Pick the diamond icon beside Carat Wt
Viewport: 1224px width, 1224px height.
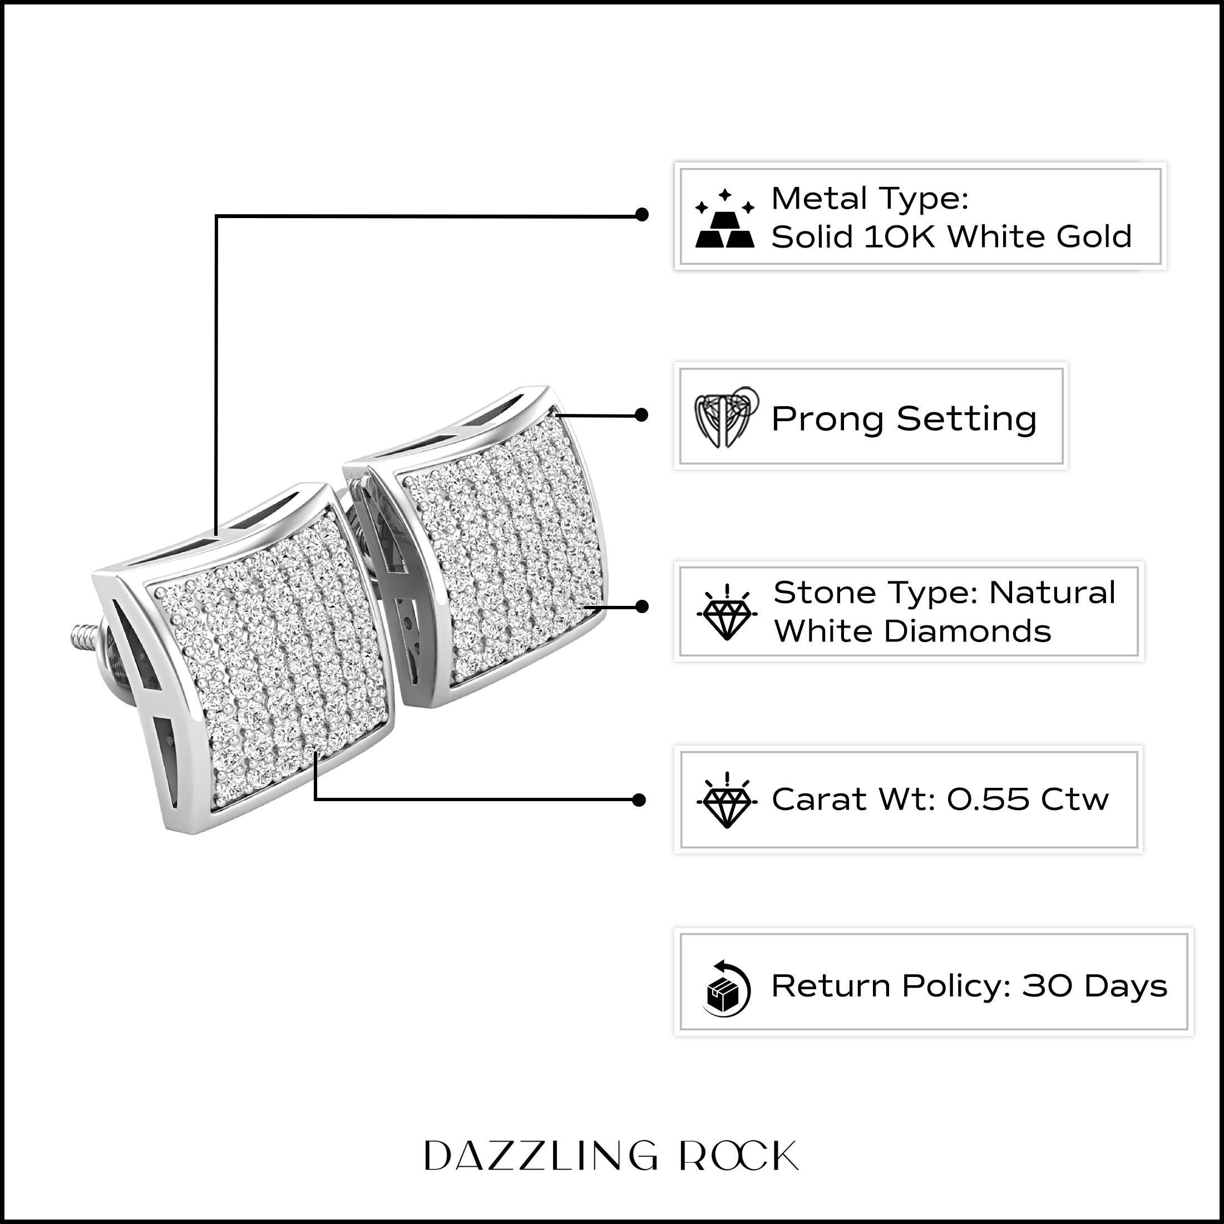click(x=727, y=799)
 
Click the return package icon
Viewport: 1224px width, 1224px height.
click(x=727, y=989)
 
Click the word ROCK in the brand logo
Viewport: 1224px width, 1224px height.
click(x=739, y=1156)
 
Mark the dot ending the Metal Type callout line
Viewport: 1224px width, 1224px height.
click(x=642, y=215)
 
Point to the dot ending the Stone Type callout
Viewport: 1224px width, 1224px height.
click(x=642, y=607)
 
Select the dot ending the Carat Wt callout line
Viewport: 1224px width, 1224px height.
click(x=639, y=800)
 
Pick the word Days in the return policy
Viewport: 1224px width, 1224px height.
click(x=1126, y=987)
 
